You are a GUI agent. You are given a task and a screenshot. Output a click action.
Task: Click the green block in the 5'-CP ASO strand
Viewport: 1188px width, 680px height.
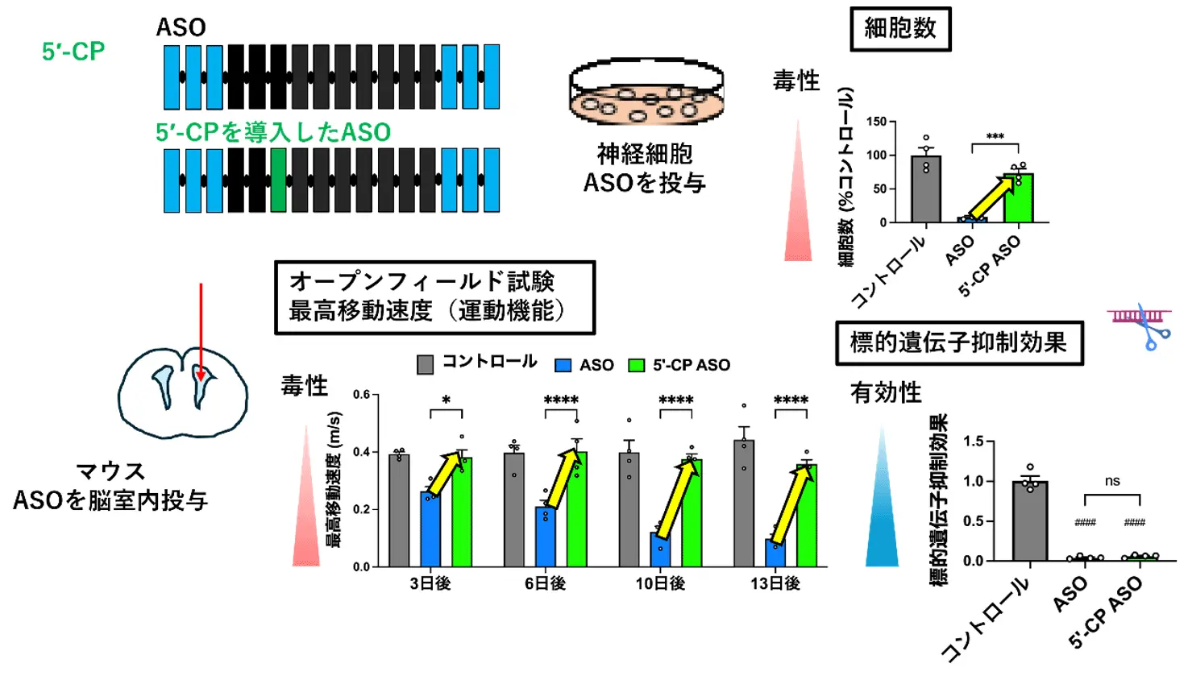278,180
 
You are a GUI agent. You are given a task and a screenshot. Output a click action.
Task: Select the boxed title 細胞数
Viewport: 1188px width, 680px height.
900,29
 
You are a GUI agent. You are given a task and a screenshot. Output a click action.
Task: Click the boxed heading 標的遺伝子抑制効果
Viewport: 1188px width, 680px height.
958,342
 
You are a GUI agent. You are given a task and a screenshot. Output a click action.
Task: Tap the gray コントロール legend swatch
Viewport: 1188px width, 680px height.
425,365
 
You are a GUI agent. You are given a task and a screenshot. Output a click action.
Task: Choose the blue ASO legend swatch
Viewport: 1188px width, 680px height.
563,366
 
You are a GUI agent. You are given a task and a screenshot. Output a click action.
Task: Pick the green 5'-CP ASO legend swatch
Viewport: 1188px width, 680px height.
637,366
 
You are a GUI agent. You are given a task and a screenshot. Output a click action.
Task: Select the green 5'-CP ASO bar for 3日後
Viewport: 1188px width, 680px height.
462,512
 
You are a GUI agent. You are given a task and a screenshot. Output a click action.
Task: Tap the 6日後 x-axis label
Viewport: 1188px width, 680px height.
545,583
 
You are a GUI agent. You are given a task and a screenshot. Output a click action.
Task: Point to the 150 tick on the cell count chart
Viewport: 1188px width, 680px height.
876,122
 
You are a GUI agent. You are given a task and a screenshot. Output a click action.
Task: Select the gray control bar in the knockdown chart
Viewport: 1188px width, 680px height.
1029,520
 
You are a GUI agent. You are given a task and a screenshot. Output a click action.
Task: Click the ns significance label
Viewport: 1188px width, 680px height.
1112,481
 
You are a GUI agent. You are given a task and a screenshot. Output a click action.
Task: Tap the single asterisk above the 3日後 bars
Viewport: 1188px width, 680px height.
447,400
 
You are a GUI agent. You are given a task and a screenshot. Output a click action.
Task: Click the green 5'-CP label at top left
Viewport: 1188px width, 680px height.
73,52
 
